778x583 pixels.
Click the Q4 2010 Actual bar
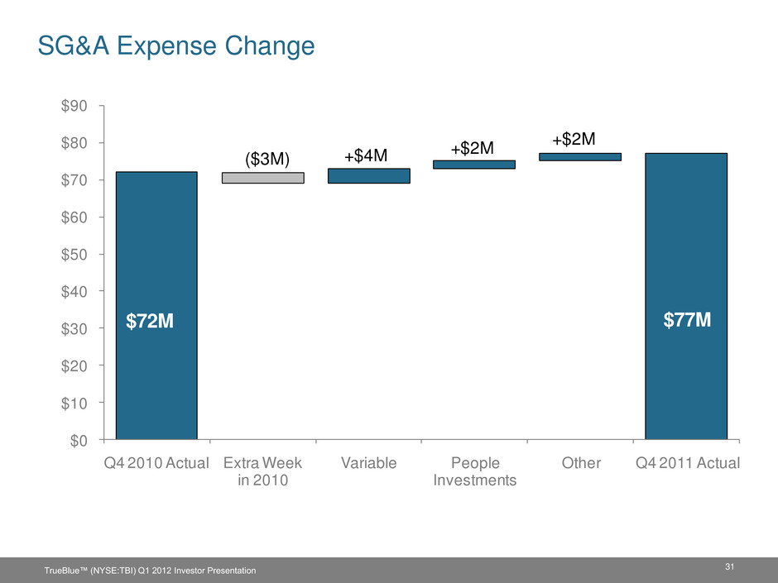point(156,305)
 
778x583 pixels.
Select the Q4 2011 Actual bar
point(686,296)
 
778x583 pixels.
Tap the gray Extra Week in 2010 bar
point(263,178)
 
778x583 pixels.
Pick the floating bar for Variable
point(368,176)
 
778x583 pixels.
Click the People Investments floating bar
point(474,165)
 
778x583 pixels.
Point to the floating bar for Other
point(580,157)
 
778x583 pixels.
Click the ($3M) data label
point(267,159)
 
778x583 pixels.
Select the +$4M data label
point(366,155)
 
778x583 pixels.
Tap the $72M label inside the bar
point(149,321)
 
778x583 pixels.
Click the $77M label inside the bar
point(687,320)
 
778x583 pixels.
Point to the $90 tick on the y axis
point(74,106)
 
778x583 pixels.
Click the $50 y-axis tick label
point(74,255)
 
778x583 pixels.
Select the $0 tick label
point(79,440)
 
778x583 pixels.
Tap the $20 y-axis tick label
point(74,366)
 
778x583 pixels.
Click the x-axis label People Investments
point(475,471)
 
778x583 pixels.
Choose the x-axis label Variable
point(368,463)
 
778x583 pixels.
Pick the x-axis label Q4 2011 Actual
point(688,463)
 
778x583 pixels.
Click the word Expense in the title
point(167,46)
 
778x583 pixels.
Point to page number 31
point(729,566)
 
